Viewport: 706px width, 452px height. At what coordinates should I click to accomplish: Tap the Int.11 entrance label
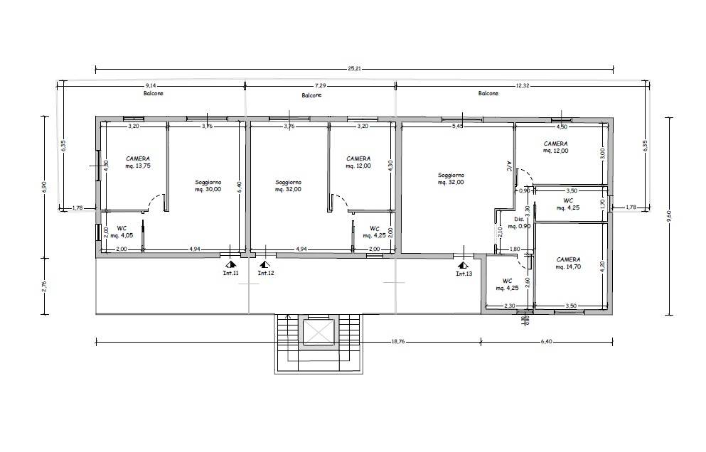coord(230,272)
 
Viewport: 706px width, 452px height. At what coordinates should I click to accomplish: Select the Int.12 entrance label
coord(265,272)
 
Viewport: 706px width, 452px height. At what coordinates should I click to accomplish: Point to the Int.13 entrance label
coord(464,273)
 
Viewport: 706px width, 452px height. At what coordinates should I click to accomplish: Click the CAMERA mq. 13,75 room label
coord(138,161)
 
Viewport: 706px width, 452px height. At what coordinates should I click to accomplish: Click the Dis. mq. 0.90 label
coord(523,222)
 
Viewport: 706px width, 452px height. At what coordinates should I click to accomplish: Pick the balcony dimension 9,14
coord(151,85)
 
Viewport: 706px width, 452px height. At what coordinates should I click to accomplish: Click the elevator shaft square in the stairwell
coord(318,332)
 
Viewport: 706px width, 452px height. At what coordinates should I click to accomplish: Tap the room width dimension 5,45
coord(459,127)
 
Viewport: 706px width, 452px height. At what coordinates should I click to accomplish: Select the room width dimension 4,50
coord(561,127)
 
